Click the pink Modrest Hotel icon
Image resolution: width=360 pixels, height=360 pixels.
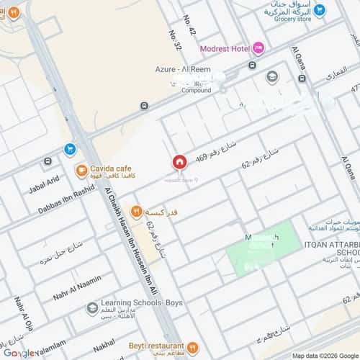click(x=258, y=48)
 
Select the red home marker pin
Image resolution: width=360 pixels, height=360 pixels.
click(x=179, y=162)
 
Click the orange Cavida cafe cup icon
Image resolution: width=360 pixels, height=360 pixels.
click(x=81, y=171)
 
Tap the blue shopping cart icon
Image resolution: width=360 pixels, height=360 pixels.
click(x=70, y=149)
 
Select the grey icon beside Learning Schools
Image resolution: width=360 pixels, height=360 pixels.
click(x=92, y=309)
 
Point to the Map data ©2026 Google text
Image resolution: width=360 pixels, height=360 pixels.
click(x=324, y=356)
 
